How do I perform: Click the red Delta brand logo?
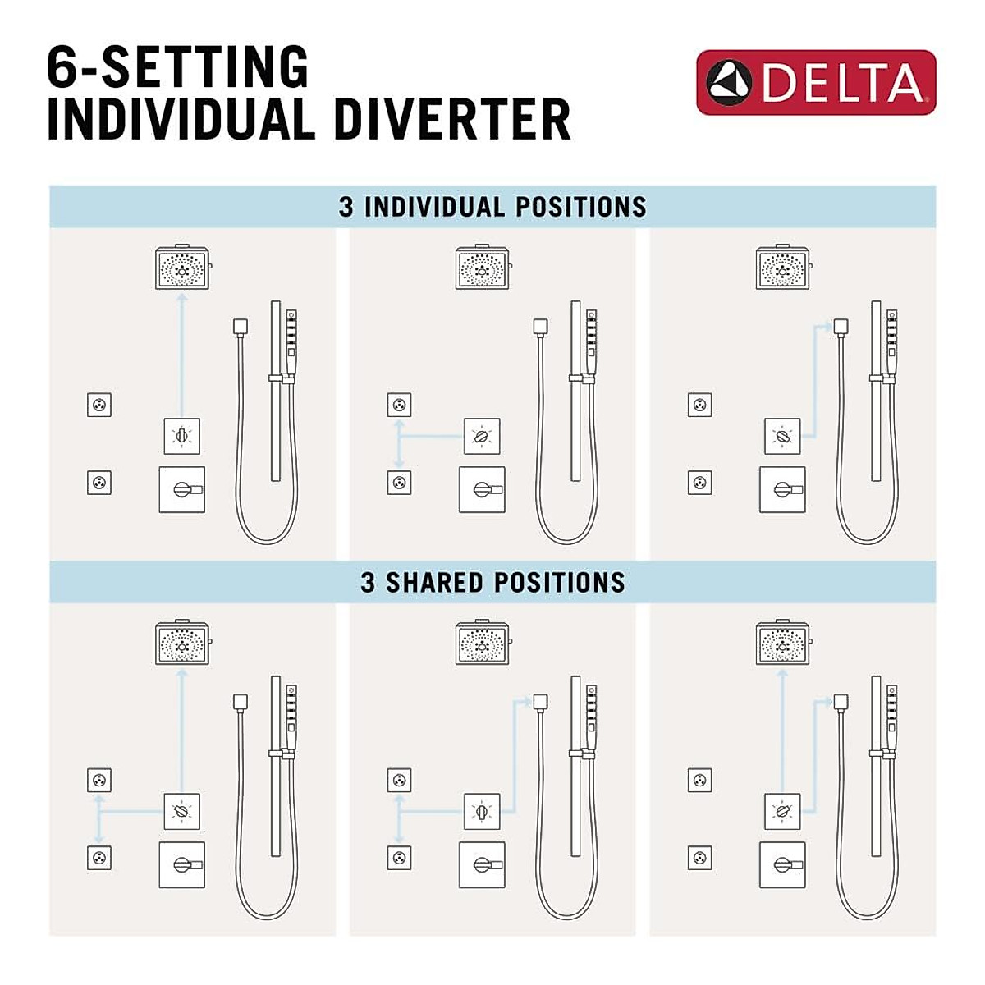tap(816, 82)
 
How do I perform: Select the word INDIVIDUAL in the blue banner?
tap(434, 207)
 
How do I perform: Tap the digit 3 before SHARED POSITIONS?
tap(368, 583)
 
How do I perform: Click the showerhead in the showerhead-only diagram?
tap(182, 268)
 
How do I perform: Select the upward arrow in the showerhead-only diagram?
tap(182, 353)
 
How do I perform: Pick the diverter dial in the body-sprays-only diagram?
tap(482, 437)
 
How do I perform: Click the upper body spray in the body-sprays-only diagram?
tap(399, 405)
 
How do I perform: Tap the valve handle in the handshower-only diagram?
tap(782, 489)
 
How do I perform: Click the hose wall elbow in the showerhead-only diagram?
tap(240, 327)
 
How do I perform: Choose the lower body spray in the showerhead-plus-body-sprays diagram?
tap(99, 859)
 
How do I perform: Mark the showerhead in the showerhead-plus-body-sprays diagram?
tap(182, 644)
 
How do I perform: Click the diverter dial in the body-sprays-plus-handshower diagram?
tap(482, 813)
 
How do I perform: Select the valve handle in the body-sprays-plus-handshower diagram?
tap(482, 865)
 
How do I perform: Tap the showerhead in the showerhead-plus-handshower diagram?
tap(782, 644)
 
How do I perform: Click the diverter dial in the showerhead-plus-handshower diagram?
tap(782, 813)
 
